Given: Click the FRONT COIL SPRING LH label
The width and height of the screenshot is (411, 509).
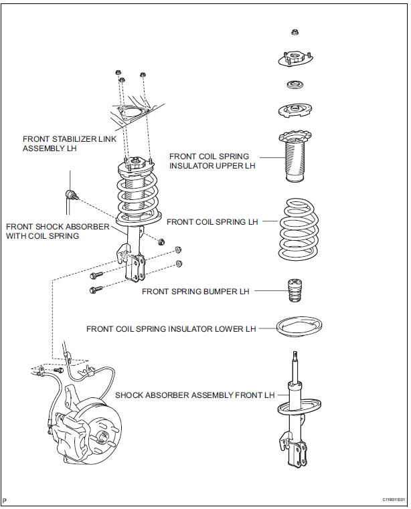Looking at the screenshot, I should pyautogui.click(x=212, y=221).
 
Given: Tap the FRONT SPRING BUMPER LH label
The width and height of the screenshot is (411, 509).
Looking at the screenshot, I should pyautogui.click(x=195, y=292).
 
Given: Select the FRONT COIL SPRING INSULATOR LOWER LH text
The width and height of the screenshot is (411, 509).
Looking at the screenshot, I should pyautogui.click(x=171, y=328).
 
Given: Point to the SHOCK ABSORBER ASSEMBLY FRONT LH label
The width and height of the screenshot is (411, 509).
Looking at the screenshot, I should pyautogui.click(x=195, y=395).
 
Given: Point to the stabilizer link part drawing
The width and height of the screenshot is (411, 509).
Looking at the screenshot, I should pyautogui.click(x=72, y=195).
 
